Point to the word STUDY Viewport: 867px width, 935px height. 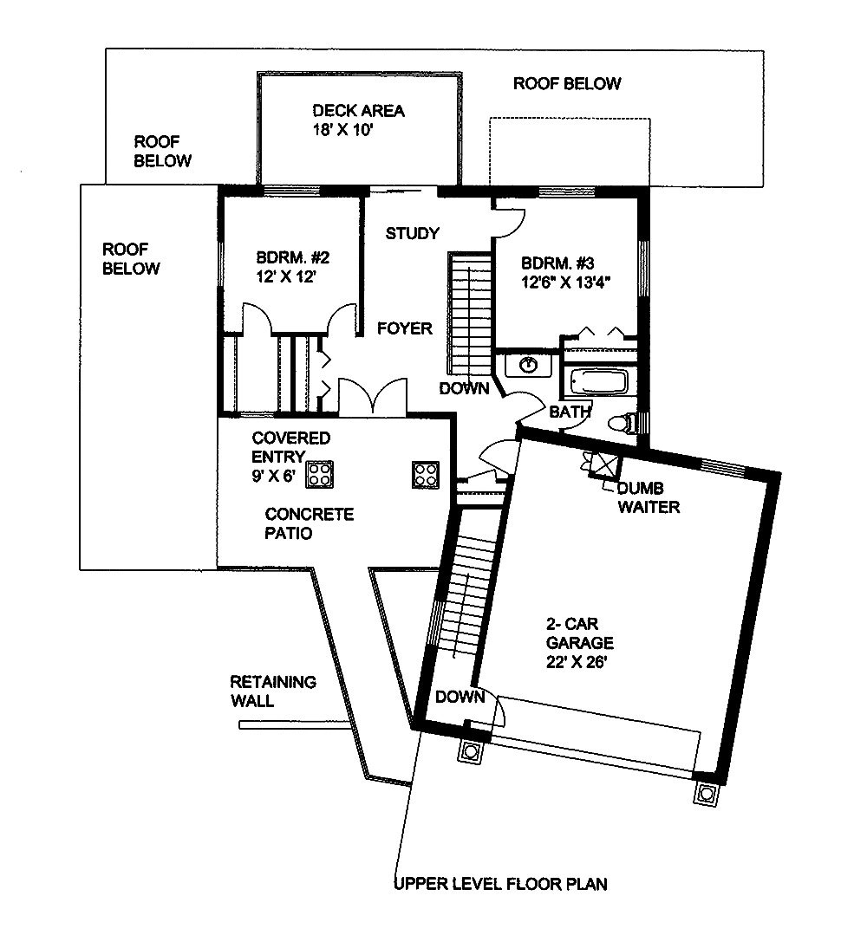(x=412, y=233)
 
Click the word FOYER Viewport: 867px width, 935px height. (x=404, y=328)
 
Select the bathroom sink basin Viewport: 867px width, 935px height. (x=528, y=365)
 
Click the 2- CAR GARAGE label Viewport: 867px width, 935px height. (x=579, y=633)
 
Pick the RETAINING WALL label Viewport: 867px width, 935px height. (x=272, y=691)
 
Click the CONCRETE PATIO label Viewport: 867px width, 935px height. (x=297, y=523)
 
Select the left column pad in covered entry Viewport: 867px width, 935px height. (x=320, y=474)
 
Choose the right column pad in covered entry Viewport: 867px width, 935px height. (x=426, y=474)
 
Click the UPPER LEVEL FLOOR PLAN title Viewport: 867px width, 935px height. (x=500, y=885)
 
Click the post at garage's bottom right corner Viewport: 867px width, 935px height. (x=706, y=792)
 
